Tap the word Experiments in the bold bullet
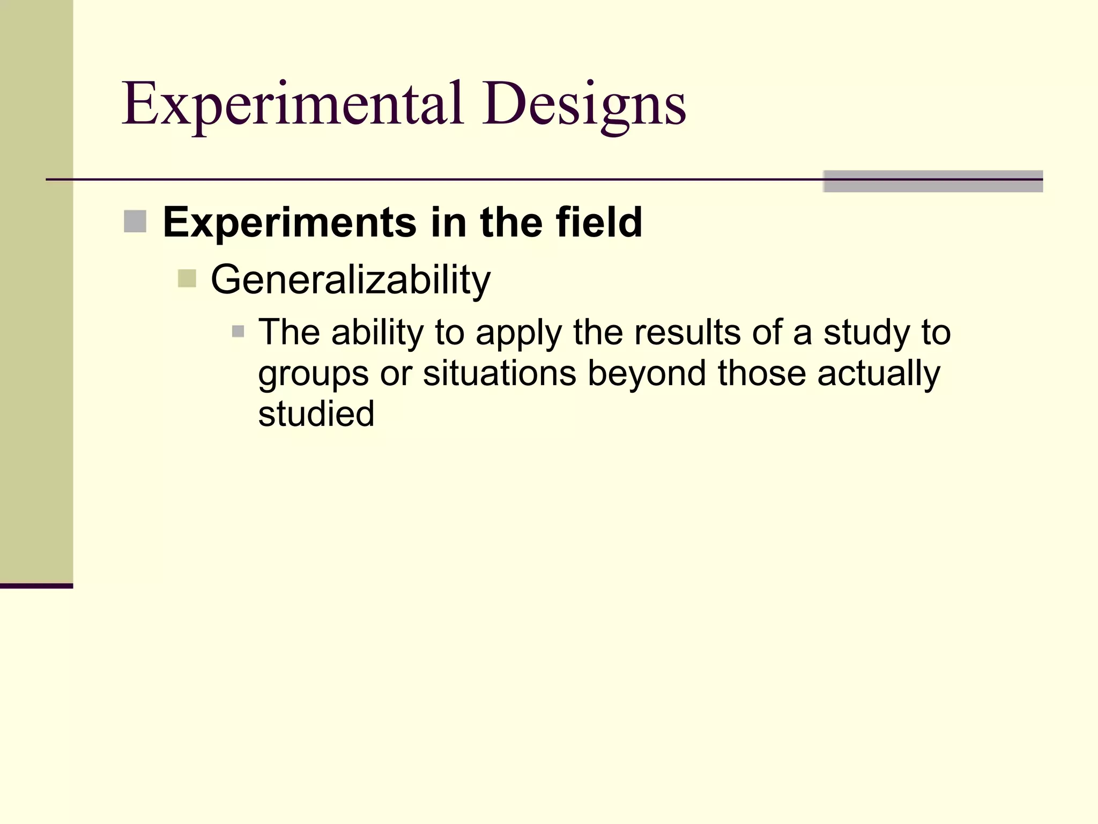[290, 222]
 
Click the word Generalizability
[351, 279]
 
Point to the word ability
[377, 333]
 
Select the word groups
[313, 374]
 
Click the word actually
[879, 374]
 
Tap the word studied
[316, 414]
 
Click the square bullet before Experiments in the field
[135, 222]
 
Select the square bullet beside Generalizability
[187, 278]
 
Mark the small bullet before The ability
[238, 332]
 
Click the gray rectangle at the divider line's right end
[933, 181]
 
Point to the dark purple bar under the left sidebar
[36, 586]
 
